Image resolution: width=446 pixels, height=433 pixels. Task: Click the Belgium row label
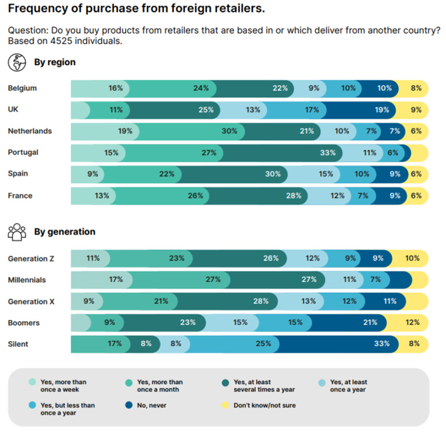point(22,88)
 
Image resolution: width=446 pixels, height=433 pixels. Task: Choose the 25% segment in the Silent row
point(232,344)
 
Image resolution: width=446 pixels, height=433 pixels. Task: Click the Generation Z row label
point(31,259)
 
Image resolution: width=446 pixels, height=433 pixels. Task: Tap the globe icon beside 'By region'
point(17,63)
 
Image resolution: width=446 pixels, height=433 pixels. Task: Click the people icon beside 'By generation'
point(17,232)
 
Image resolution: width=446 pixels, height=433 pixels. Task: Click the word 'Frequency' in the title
point(33,9)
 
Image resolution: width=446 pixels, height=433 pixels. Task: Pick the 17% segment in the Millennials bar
point(101,280)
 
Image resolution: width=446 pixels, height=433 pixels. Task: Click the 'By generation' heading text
point(64,232)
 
